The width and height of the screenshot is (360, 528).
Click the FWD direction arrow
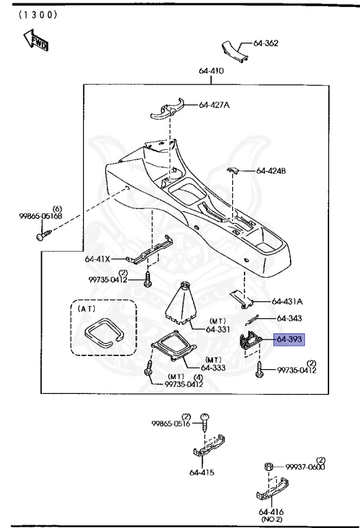[35, 40]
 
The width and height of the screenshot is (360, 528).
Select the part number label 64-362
[265, 43]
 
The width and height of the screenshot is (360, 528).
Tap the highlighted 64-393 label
[289, 340]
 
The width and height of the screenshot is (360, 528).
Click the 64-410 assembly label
[211, 71]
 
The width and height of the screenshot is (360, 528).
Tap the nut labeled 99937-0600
[269, 467]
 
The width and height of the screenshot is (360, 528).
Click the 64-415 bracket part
[209, 445]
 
